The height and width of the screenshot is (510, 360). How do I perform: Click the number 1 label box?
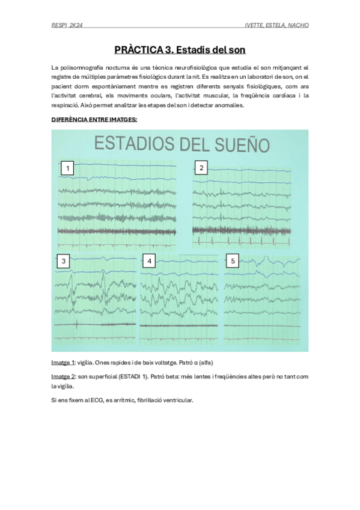(69, 168)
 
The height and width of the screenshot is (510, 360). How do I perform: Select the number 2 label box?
(201, 167)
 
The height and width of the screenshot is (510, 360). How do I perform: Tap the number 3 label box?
(64, 261)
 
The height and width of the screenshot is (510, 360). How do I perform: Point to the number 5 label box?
(233, 260)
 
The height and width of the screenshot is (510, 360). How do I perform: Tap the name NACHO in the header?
(296, 25)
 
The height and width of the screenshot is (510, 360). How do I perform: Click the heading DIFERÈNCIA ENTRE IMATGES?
(94, 120)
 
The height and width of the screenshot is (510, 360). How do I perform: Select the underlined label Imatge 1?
(63, 363)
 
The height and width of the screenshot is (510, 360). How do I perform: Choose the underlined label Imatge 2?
(63, 376)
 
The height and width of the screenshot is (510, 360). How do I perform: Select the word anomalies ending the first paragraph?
(228, 105)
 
